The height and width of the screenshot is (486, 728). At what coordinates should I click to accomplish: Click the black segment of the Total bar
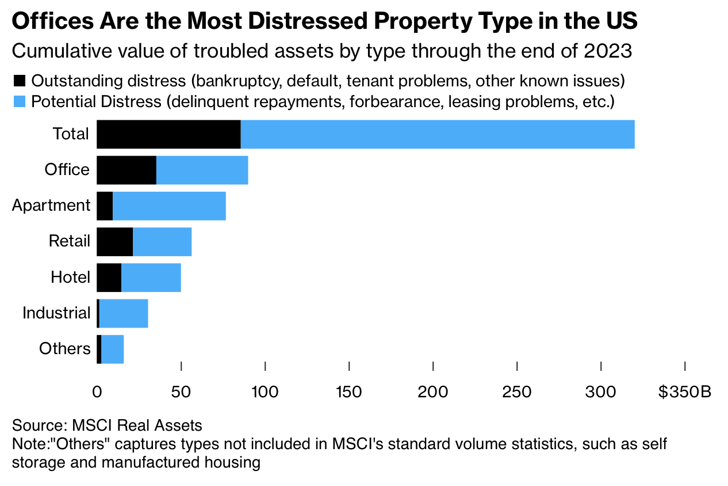pyautogui.click(x=168, y=134)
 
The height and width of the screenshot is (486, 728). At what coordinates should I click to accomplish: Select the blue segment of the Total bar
pyautogui.click(x=437, y=134)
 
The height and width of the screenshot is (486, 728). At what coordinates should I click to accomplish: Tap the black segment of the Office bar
pyautogui.click(x=127, y=170)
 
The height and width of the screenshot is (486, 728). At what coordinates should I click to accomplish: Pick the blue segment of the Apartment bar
pyautogui.click(x=169, y=206)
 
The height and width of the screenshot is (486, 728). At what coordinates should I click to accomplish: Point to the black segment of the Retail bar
pyautogui.click(x=114, y=242)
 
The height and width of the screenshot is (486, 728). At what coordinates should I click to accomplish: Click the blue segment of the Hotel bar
pyautogui.click(x=151, y=278)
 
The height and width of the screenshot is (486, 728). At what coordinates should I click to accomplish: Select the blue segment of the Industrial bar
pyautogui.click(x=124, y=313)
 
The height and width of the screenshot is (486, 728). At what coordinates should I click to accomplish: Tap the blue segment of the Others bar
pyautogui.click(x=112, y=349)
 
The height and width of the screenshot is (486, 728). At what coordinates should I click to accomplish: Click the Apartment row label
pyautogui.click(x=51, y=206)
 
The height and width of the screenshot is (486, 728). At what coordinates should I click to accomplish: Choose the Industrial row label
pyautogui.click(x=56, y=313)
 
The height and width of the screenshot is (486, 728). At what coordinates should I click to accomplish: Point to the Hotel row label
pyautogui.click(x=70, y=278)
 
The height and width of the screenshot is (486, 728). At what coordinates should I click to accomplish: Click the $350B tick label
pyautogui.click(x=685, y=392)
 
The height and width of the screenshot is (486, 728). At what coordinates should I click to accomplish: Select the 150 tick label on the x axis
pyautogui.click(x=349, y=392)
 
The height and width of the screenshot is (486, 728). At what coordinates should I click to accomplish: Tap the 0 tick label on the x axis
pyautogui.click(x=97, y=392)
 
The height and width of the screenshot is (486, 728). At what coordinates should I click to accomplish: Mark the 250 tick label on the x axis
pyautogui.click(x=517, y=392)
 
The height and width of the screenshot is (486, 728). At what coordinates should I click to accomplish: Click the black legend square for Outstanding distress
pyautogui.click(x=19, y=81)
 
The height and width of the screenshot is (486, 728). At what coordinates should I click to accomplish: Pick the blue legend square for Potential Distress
pyautogui.click(x=19, y=102)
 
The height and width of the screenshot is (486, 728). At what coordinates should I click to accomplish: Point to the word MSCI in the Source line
pyautogui.click(x=92, y=426)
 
